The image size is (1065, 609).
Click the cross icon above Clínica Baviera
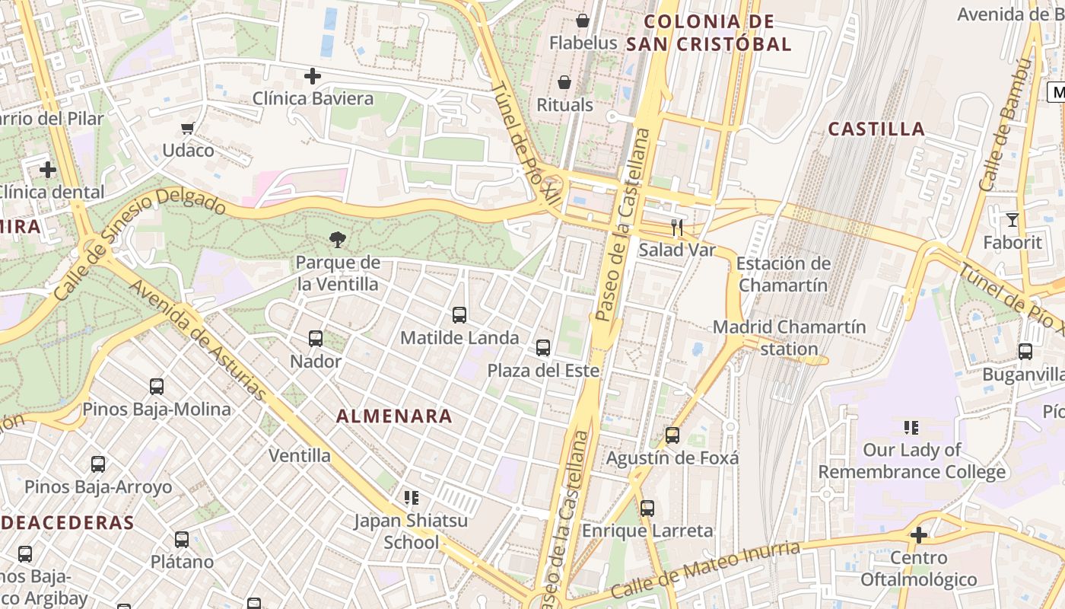[x=312, y=76]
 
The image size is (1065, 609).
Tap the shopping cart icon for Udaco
[x=188, y=128]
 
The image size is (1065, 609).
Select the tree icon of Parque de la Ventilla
[x=337, y=241]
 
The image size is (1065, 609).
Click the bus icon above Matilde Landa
[x=459, y=315]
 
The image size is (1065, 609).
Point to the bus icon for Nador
[x=316, y=339]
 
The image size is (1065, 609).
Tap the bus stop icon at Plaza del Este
[x=543, y=348]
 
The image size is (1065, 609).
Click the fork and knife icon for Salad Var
[x=677, y=227]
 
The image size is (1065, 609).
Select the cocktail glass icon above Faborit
[x=1012, y=220]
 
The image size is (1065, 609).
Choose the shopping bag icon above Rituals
[x=564, y=82]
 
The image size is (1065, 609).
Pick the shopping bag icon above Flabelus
[x=583, y=20]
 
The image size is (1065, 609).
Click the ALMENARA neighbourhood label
[x=394, y=416]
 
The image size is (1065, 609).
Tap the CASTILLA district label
[x=876, y=129]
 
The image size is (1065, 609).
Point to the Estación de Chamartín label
[x=784, y=275]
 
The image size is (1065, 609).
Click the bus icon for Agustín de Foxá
[x=672, y=435]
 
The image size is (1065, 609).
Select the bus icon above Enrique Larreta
[x=647, y=508]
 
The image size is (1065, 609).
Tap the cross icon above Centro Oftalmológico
[x=919, y=535]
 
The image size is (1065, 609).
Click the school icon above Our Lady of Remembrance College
[x=911, y=428]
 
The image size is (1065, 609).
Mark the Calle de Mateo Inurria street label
[x=705, y=570]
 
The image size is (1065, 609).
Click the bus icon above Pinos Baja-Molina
[x=157, y=387]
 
